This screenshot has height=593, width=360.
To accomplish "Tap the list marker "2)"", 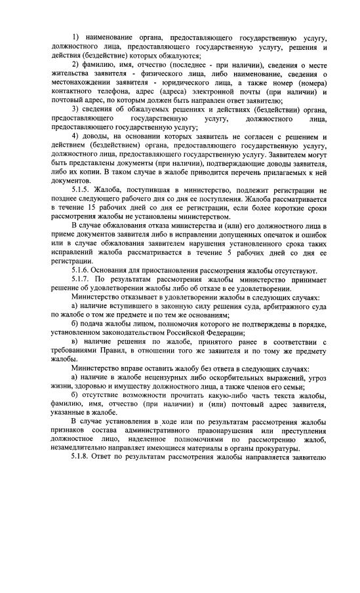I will (x=75, y=66).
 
